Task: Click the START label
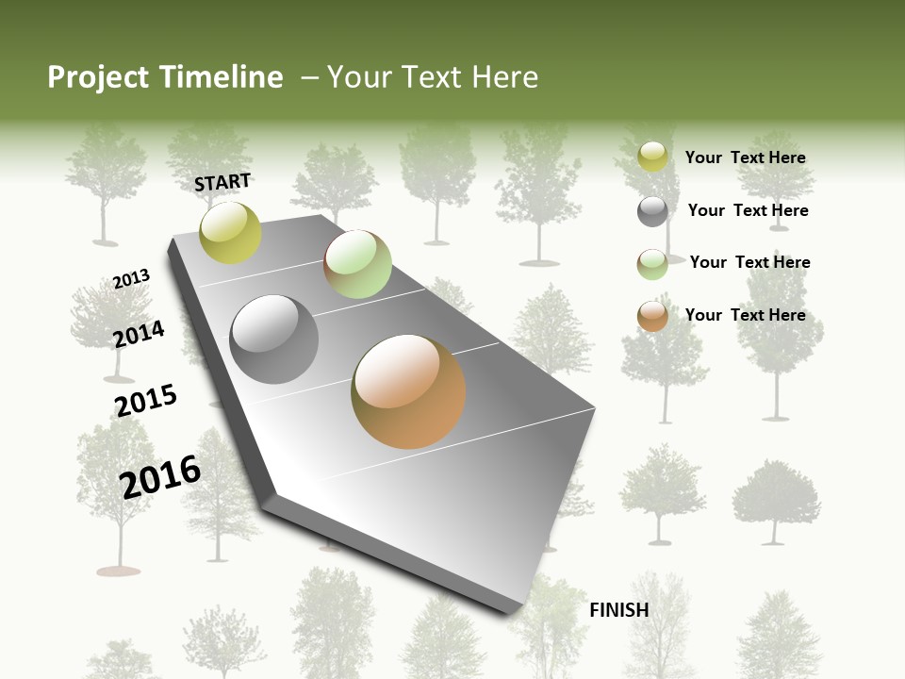[222, 182]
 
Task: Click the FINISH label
[618, 610]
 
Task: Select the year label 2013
[131, 279]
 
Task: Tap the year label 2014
[139, 334]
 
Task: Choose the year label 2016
[160, 477]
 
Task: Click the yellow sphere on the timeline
[230, 232]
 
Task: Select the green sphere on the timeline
[357, 264]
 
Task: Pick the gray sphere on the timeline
[274, 339]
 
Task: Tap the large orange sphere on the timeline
[408, 391]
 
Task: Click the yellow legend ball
[652, 157]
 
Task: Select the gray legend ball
[652, 211]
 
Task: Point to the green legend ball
[652, 264]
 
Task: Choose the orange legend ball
[652, 316]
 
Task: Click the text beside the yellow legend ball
[745, 157]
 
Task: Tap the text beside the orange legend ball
[745, 315]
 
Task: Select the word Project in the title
[97, 77]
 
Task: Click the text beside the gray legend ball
[748, 210]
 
